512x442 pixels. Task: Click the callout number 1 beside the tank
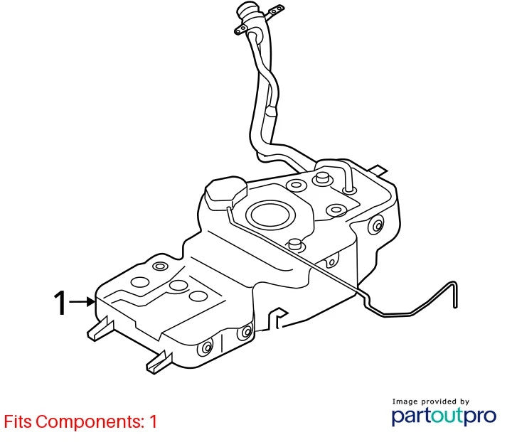(x=60, y=303)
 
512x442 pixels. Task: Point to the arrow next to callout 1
(x=82, y=302)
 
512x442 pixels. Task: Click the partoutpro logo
(x=444, y=416)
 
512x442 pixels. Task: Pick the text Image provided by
(x=430, y=401)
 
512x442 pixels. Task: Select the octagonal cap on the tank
(x=225, y=191)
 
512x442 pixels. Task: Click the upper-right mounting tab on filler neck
(x=276, y=11)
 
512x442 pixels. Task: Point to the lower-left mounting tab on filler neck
(x=241, y=29)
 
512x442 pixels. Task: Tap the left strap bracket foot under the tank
(x=100, y=329)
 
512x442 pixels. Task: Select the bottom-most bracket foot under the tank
(x=159, y=363)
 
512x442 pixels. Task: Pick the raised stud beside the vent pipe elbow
(x=321, y=178)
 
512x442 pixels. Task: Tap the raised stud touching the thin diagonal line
(x=295, y=244)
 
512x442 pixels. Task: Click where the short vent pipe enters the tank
(x=348, y=189)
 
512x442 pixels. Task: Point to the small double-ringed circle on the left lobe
(x=160, y=266)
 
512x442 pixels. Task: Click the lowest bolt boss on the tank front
(x=206, y=348)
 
